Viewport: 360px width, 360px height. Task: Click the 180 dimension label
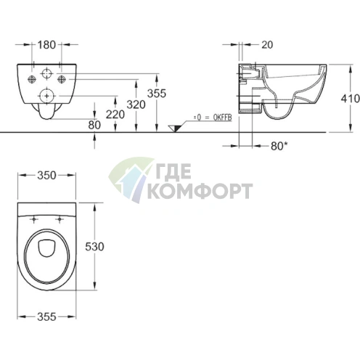pos(46,45)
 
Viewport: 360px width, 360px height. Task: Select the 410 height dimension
pos(350,99)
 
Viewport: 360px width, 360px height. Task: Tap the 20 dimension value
pos(267,45)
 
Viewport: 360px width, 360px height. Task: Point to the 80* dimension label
pos(279,146)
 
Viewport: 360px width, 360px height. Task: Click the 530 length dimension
pos(94,247)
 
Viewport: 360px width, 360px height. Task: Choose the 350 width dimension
pos(46,176)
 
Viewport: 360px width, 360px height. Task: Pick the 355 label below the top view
pos(46,316)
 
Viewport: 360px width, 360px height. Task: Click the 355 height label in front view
pos(157,94)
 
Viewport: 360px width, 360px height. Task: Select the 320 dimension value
pos(136,105)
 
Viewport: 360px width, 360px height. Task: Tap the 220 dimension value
pos(115,115)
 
